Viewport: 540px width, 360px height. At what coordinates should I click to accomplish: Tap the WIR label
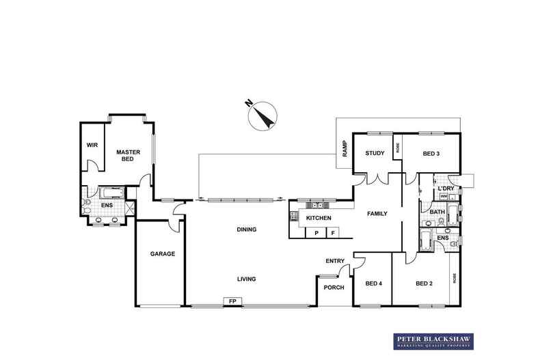click(x=92, y=146)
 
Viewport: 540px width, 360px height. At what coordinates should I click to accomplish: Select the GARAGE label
click(x=163, y=253)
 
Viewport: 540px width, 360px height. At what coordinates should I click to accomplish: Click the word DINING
click(x=246, y=230)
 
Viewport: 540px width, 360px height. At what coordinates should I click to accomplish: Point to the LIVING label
click(x=246, y=279)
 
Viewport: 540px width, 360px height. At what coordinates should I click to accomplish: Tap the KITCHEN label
click(x=319, y=218)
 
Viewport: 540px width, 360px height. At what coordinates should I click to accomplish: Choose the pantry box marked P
click(x=316, y=233)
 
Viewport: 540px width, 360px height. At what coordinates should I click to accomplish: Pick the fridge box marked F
click(x=333, y=233)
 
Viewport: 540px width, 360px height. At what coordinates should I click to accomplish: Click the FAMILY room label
click(x=377, y=214)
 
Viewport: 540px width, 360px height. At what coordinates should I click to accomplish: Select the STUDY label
click(x=375, y=153)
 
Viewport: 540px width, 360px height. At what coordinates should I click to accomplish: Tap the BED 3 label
click(x=431, y=153)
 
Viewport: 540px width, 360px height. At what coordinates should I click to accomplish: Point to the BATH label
click(x=437, y=212)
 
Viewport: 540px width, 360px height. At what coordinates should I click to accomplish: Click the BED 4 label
click(x=373, y=283)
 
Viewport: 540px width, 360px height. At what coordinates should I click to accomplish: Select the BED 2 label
click(x=424, y=283)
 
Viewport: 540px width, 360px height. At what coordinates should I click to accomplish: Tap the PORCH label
click(x=334, y=288)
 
